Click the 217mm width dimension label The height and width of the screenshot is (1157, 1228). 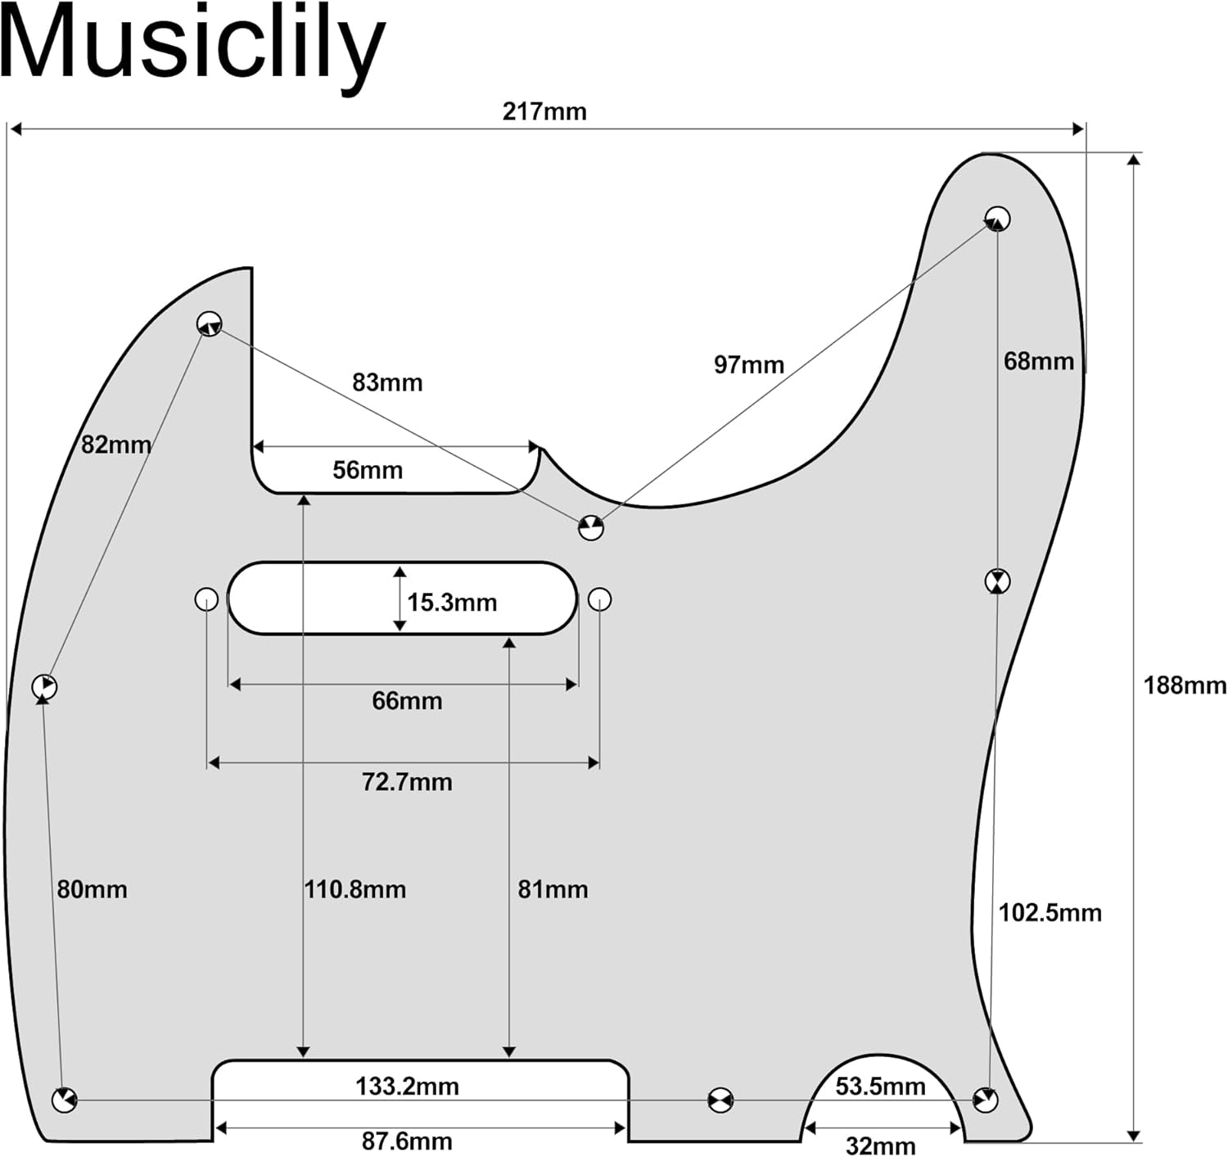(x=544, y=111)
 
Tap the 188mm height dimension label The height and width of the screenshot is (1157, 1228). (x=1185, y=685)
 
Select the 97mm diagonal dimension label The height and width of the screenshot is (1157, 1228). (x=748, y=364)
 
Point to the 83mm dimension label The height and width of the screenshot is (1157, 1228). (x=387, y=382)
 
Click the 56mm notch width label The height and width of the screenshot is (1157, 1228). (x=368, y=470)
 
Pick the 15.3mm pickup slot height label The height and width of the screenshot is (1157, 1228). (x=452, y=603)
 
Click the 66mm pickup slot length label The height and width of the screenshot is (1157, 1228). (x=407, y=701)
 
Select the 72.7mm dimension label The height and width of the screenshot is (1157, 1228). (x=407, y=782)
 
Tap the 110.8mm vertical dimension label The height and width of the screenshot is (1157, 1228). (x=355, y=889)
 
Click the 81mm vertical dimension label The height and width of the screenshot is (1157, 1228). (x=553, y=889)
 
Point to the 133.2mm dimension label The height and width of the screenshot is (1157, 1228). (x=407, y=1087)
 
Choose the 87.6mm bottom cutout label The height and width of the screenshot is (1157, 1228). (x=407, y=1141)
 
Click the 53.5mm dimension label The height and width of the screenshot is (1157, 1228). (x=880, y=1087)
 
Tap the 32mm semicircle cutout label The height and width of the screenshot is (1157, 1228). (x=880, y=1146)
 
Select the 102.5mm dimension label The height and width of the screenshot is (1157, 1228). (x=1050, y=912)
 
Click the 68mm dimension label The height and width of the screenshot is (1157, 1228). (x=1038, y=360)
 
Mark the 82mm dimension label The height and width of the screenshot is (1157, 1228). (x=115, y=445)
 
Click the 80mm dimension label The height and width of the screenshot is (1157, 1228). (x=92, y=889)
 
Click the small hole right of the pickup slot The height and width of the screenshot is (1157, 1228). (x=600, y=599)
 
